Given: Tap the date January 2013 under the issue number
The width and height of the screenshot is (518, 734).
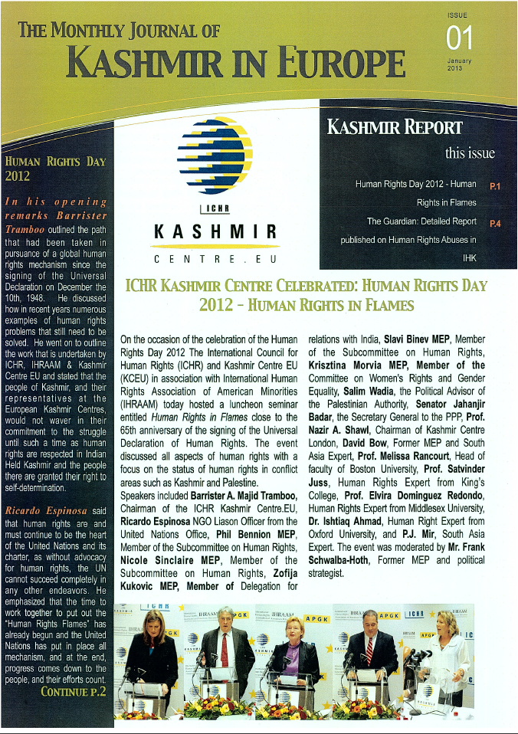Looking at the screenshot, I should (459, 64).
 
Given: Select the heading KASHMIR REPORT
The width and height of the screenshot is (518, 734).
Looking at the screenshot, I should (395, 126).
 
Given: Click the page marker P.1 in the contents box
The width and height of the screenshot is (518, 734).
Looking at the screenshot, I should (495, 185).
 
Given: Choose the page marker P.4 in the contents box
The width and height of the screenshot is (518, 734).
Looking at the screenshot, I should (495, 223).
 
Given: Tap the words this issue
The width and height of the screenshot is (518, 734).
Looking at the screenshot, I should (470, 152).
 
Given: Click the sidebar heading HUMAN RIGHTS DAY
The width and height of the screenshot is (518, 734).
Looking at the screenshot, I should (54, 162).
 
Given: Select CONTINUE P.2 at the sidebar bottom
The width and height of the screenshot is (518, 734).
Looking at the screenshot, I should (74, 691).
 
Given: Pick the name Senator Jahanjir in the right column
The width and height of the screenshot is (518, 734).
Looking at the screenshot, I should (451, 403).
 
